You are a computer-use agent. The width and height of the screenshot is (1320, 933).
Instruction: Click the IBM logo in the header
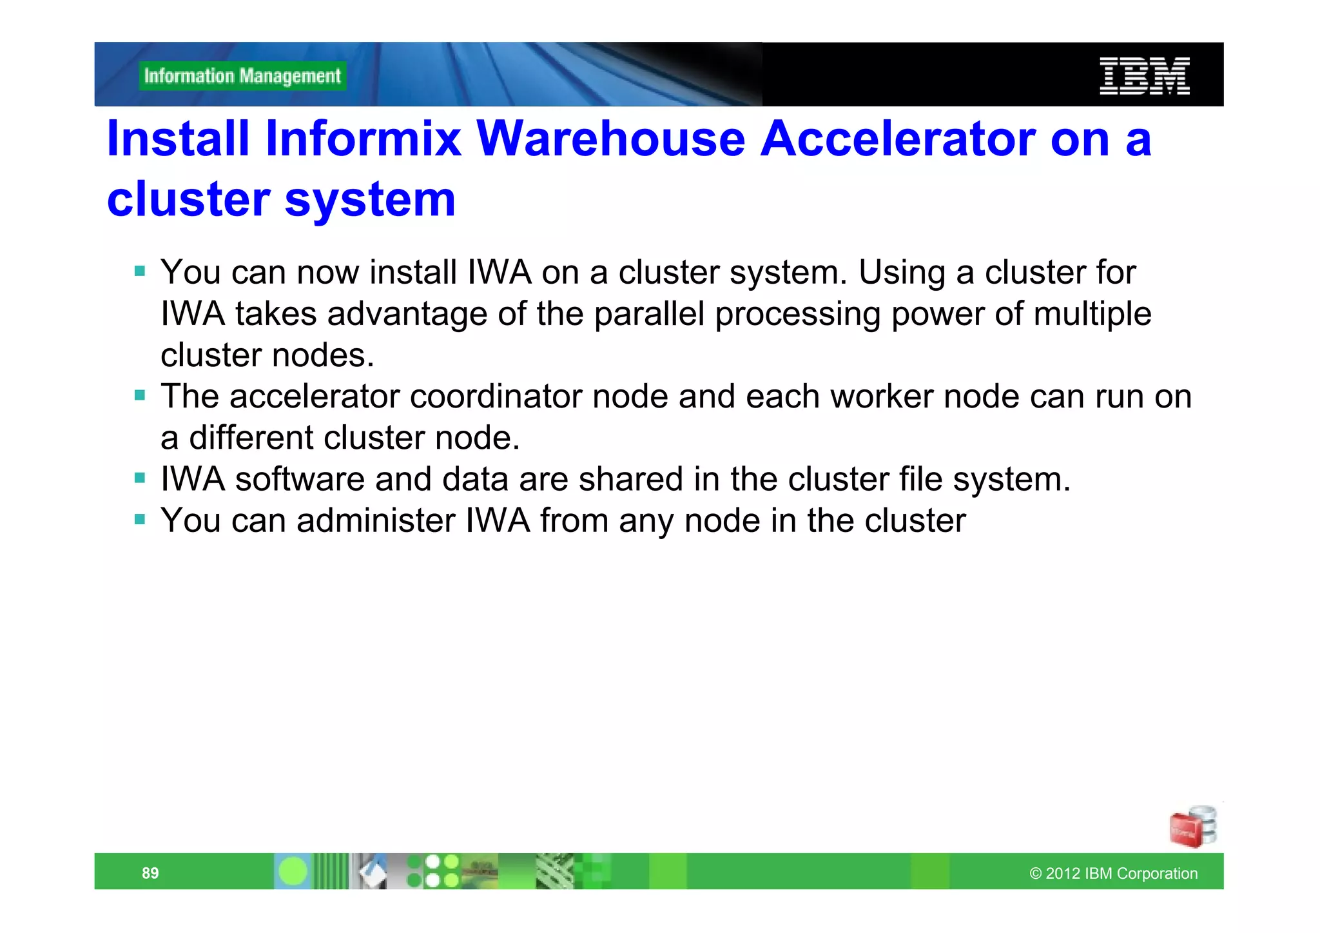point(1144,76)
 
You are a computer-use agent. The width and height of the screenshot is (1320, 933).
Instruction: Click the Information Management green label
point(242,76)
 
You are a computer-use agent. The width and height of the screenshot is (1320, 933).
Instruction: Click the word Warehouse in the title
point(610,139)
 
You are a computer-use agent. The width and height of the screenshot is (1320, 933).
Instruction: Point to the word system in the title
point(370,199)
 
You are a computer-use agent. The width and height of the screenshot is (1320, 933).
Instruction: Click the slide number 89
point(150,873)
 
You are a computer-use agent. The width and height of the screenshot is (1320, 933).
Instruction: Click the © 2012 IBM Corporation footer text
point(1113,874)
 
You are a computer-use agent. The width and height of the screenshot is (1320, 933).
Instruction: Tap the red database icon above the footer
point(1192,827)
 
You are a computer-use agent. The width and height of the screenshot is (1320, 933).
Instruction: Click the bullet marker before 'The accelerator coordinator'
point(140,395)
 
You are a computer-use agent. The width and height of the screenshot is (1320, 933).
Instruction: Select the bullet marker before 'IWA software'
point(140,478)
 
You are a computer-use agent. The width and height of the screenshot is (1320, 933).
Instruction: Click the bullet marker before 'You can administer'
point(140,519)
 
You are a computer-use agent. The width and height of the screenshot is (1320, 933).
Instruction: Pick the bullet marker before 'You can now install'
point(140,271)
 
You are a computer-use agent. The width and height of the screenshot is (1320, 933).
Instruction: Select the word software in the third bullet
point(300,479)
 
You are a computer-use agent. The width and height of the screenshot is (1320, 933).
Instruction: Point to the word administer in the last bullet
point(376,520)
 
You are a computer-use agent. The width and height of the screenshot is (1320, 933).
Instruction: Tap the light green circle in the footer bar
point(293,872)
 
